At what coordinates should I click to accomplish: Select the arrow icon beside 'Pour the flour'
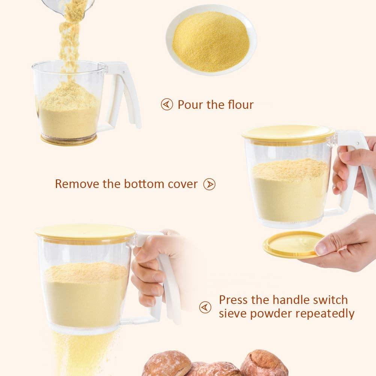pos(167,104)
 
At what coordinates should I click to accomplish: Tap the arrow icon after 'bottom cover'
pos(209,184)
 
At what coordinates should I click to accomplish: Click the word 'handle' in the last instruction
pos(286,300)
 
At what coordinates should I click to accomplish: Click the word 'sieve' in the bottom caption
pos(232,313)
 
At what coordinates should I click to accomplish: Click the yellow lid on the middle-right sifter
pos(288,134)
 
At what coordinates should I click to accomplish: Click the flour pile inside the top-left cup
pos(69,109)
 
